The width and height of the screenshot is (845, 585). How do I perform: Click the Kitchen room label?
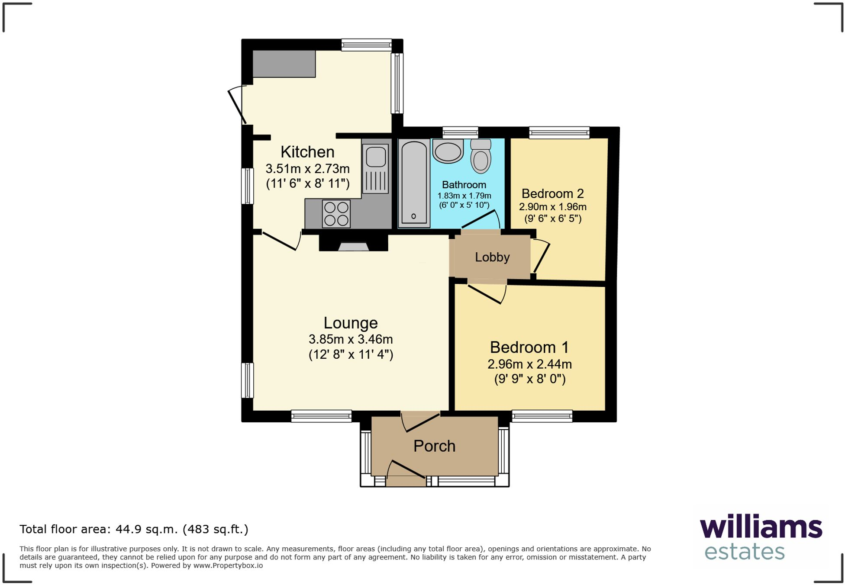307,152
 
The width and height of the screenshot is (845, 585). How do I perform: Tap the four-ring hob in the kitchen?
336,214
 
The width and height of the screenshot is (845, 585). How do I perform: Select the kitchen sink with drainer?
375,169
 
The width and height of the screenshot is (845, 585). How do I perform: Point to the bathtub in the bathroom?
414,183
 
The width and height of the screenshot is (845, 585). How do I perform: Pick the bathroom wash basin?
448,151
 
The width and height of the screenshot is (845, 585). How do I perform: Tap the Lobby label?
492,257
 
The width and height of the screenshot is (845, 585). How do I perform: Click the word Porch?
434,446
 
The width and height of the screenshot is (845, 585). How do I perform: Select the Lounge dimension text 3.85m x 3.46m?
351,339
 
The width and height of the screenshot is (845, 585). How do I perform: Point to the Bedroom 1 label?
529,347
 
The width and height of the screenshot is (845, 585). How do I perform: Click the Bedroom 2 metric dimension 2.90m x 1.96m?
553,207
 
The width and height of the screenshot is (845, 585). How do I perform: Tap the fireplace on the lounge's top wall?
353,243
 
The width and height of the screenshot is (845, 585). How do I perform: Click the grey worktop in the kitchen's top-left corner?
284,64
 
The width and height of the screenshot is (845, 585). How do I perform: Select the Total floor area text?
134,529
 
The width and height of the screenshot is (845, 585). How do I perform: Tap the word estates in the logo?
745,552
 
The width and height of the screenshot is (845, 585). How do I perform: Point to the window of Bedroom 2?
559,132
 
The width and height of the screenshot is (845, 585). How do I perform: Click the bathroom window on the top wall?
460,132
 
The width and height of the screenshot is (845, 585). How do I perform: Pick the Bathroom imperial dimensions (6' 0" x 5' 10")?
464,205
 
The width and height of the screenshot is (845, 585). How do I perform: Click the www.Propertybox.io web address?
228,566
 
